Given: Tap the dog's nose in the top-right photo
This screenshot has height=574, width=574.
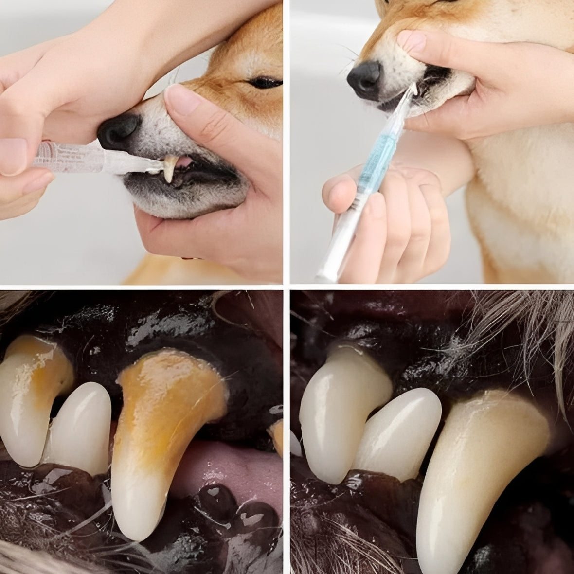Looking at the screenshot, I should [x=364, y=77].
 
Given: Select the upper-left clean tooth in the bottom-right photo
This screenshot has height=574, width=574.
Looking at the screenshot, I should [x=336, y=404].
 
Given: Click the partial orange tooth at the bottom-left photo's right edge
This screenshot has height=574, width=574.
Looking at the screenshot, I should [x=277, y=435].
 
